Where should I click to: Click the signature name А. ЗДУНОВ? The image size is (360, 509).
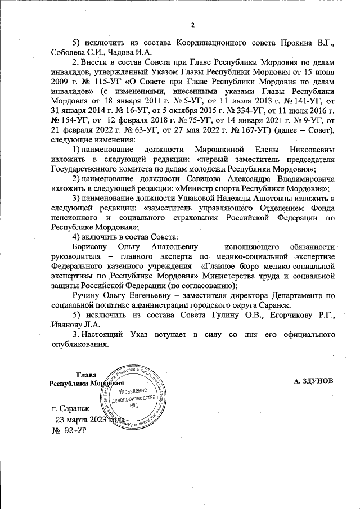[314, 381]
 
